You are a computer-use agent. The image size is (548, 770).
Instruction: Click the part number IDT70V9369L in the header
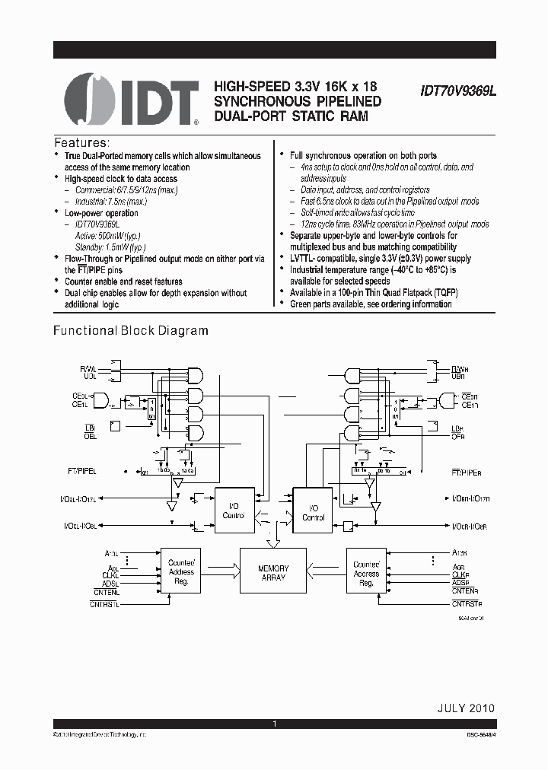457,90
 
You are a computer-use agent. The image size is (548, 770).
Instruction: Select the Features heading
81,142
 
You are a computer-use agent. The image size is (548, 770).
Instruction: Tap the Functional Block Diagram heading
130,330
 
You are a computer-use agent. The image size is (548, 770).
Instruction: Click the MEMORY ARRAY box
273,573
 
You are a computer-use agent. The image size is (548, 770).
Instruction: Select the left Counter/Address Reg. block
181,572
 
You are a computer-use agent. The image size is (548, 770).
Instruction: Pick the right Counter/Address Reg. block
366,573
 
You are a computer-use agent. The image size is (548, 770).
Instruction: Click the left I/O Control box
233,510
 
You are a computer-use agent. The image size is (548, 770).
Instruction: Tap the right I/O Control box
313,512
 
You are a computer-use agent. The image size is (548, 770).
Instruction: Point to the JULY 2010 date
465,708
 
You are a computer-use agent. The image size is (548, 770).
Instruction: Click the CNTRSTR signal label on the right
467,604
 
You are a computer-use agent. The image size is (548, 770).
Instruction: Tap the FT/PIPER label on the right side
465,473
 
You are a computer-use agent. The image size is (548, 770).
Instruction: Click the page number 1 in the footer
274,724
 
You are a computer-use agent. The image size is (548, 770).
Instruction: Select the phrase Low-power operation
101,213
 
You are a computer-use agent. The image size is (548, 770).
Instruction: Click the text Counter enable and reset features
123,282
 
